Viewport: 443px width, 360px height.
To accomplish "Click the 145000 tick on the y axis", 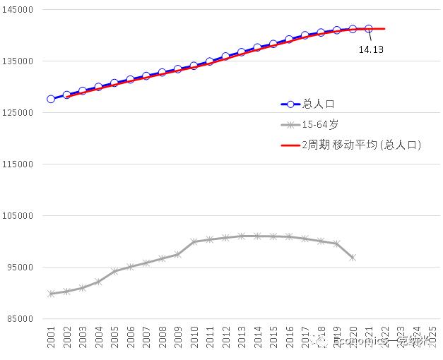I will [20, 10].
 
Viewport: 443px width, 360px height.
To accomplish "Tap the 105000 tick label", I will [20, 216].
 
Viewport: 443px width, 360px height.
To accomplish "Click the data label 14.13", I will [371, 50].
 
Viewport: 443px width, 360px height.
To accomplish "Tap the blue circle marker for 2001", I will [51, 100].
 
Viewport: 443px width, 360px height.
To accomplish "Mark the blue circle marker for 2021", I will [368, 29].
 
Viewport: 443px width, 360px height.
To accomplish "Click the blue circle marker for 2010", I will [194, 66].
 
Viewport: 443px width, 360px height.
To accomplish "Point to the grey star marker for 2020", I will [352, 258].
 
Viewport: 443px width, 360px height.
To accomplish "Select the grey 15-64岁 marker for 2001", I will [51, 294].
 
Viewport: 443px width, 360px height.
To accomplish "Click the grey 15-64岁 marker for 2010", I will [194, 241].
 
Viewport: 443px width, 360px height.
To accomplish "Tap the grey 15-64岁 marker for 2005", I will [114, 271].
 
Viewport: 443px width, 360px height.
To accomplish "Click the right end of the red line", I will [384, 29].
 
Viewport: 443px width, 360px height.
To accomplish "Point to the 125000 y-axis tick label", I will [20, 113].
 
